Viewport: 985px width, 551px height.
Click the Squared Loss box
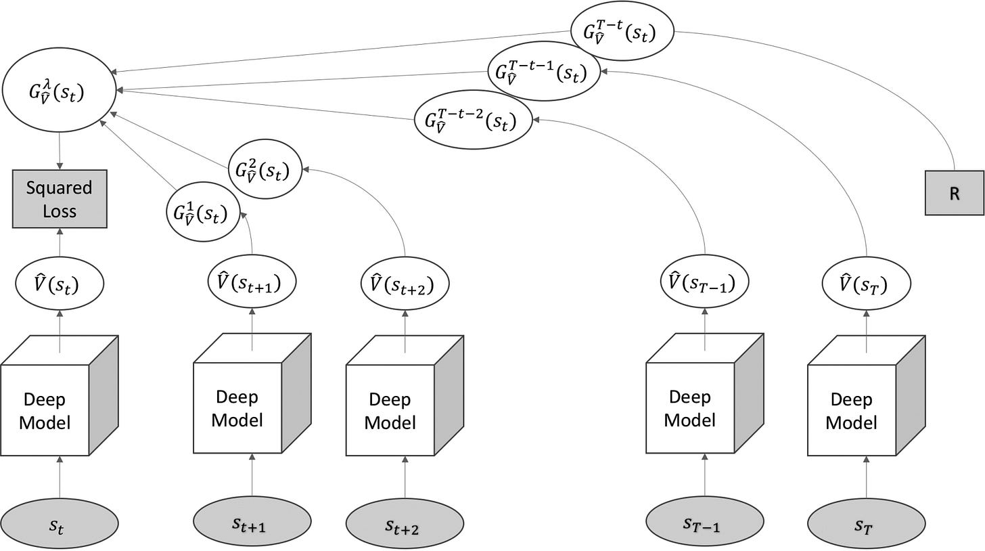pos(60,198)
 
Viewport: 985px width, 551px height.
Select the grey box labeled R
pos(954,193)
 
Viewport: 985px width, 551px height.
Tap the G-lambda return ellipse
pos(60,93)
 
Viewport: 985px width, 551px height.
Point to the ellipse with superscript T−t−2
pos(473,120)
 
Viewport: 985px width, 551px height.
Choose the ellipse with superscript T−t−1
pos(544,72)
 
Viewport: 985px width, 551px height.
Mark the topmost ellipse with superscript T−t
pos(622,31)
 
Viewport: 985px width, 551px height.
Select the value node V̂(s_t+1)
pos(252,282)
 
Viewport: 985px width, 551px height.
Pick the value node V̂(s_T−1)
pos(704,282)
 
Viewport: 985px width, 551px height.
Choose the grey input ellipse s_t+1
pos(252,521)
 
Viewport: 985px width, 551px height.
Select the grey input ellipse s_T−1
pos(704,521)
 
